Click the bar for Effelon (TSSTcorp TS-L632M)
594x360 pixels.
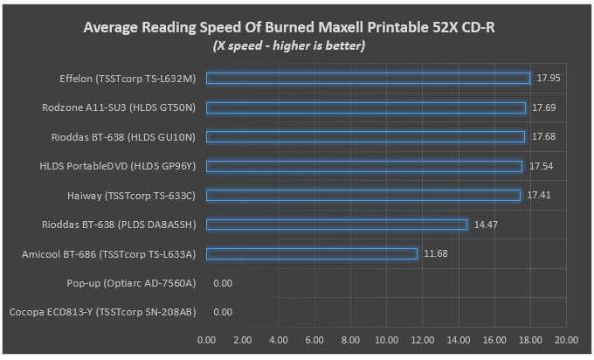pos(368,79)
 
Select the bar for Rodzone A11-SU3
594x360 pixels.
pos(366,107)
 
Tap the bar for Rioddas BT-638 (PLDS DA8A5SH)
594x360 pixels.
pos(337,225)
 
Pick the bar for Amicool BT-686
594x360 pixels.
pos(312,253)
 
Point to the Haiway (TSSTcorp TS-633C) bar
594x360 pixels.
pos(363,195)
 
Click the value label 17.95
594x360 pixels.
pos(548,79)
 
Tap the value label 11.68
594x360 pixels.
pos(435,253)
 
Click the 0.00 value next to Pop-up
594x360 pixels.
pos(223,283)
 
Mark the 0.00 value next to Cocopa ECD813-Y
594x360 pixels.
pos(223,312)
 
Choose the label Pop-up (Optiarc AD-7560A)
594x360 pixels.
pos(131,283)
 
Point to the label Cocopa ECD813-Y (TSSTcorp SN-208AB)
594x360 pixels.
pos(102,312)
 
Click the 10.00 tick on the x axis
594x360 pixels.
pos(386,339)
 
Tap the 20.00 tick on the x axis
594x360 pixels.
pos(566,339)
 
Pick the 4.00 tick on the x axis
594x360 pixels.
pos(279,339)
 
